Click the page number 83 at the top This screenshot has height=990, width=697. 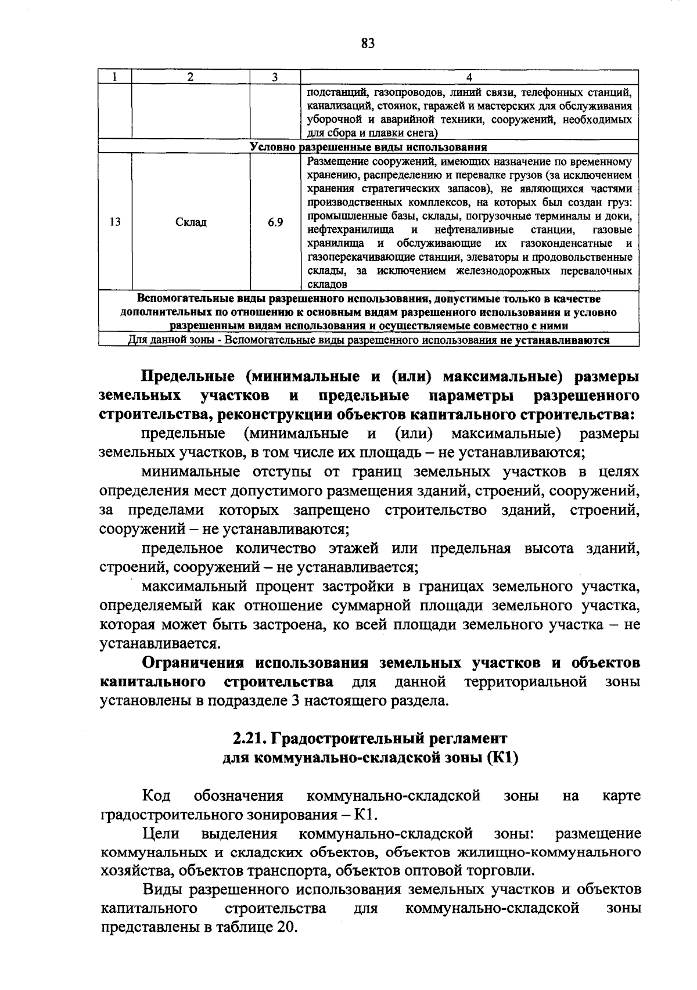pyautogui.click(x=368, y=44)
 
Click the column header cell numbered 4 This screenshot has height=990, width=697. pyautogui.click(x=469, y=77)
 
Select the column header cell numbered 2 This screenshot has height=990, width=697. pyautogui.click(x=191, y=77)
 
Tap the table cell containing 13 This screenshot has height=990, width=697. pyautogui.click(x=115, y=222)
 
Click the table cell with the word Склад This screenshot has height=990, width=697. pyautogui.click(x=191, y=222)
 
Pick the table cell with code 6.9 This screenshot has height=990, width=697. pyautogui.click(x=275, y=222)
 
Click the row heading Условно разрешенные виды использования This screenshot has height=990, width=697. pyautogui.click(x=368, y=147)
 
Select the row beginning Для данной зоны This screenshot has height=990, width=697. pyautogui.click(x=368, y=340)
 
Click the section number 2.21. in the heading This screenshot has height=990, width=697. pyautogui.click(x=250, y=739)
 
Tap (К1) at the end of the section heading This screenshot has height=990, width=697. pyautogui.click(x=502, y=758)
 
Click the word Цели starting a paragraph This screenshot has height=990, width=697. pyautogui.click(x=161, y=834)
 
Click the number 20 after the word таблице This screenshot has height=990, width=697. pyautogui.click(x=283, y=926)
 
